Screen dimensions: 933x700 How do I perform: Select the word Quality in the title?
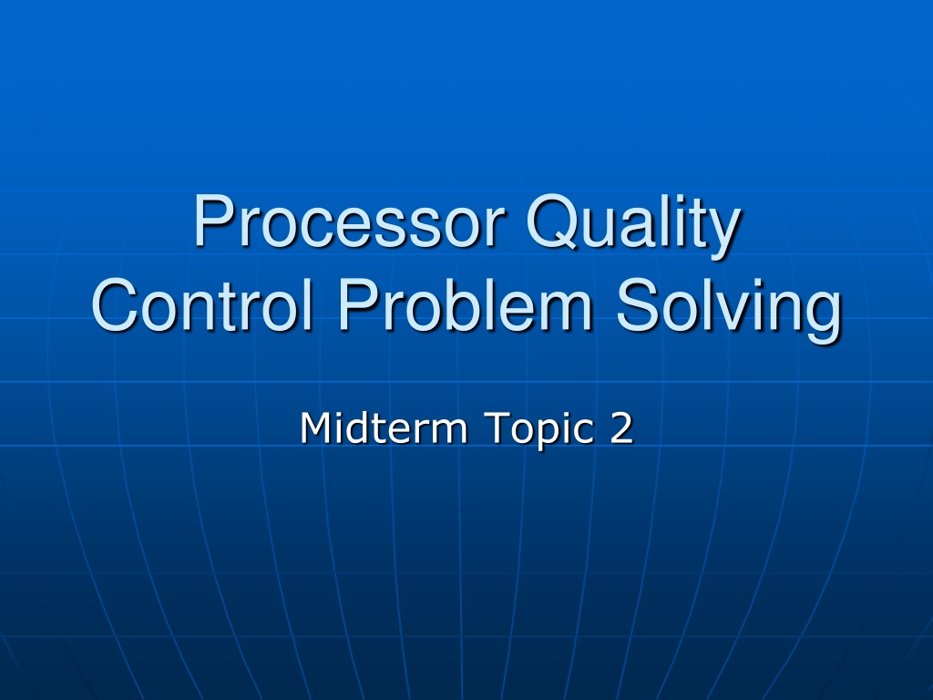pos(633,226)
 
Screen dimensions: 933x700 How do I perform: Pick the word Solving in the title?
pos(728,311)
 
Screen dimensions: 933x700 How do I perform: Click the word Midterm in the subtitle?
pos(384,427)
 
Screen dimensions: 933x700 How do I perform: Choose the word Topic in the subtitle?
pos(538,429)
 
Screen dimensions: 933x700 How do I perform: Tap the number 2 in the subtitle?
pos(621,427)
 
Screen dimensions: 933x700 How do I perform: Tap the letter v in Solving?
pos(728,311)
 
